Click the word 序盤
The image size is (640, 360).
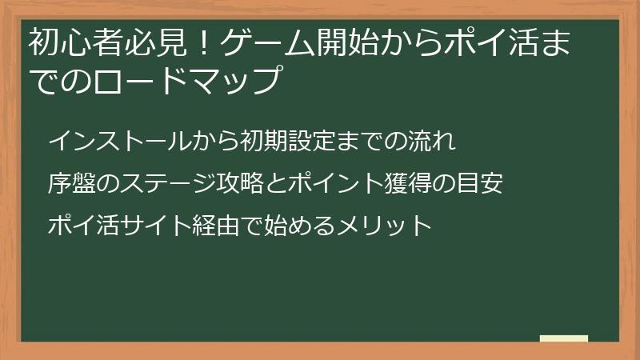click(x=70, y=184)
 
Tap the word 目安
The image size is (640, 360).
click(x=482, y=184)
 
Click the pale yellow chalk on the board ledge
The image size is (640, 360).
click(x=564, y=338)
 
